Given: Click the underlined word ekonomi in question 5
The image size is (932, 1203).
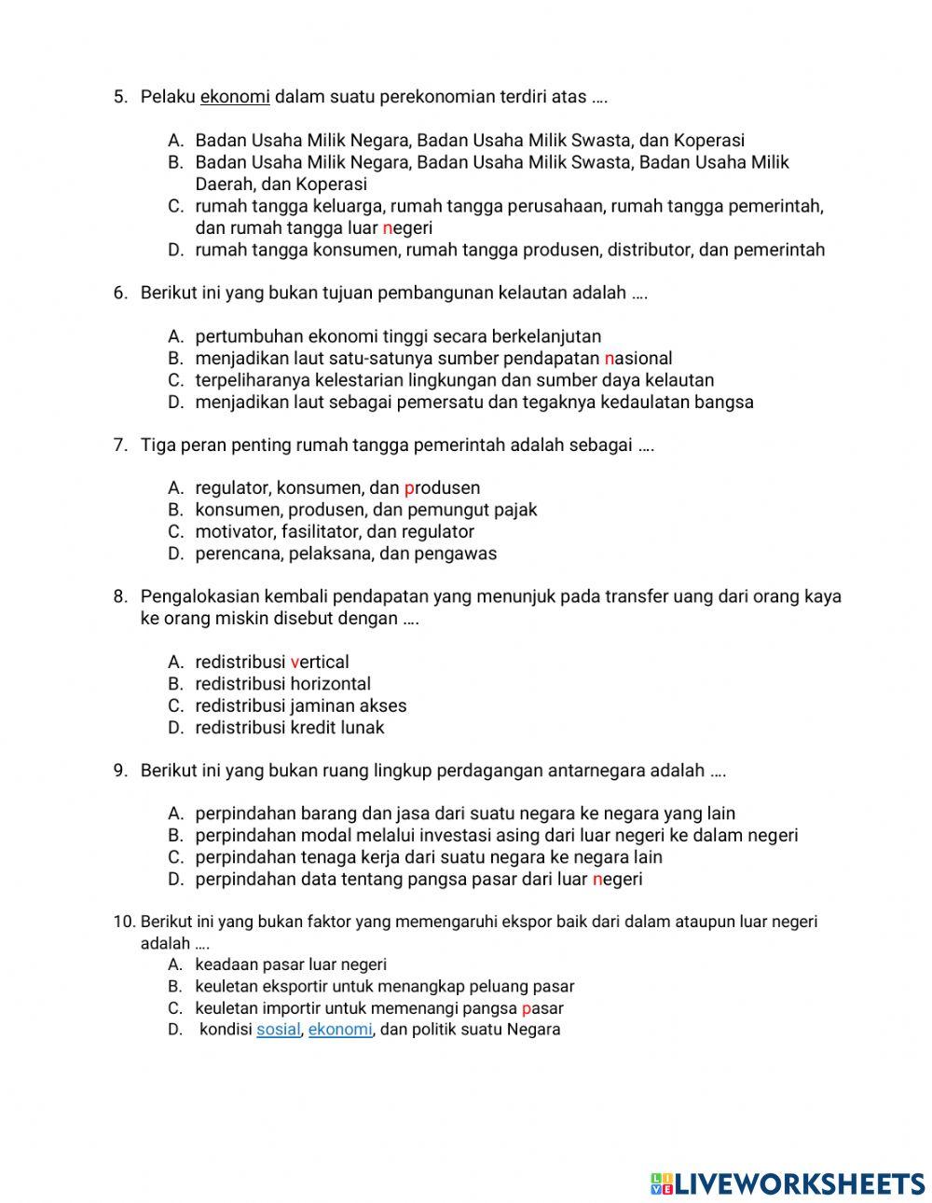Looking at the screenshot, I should click(x=235, y=97).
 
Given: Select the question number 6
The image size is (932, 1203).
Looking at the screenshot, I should click(x=120, y=294).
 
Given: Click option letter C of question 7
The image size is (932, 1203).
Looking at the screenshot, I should click(x=175, y=532).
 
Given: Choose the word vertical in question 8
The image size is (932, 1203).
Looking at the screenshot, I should click(x=320, y=663).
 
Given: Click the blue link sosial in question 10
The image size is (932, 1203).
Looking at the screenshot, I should click(x=278, y=1030).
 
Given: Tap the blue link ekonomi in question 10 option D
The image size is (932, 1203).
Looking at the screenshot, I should click(x=340, y=1030).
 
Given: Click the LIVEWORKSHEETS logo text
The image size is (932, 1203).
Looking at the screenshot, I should click(x=799, y=1183).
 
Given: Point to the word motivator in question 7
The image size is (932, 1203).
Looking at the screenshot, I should click(x=234, y=532).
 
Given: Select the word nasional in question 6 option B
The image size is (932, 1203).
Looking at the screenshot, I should click(x=638, y=359).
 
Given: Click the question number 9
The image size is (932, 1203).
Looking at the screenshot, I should click(x=120, y=771).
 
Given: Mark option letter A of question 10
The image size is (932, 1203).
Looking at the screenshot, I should click(x=175, y=965).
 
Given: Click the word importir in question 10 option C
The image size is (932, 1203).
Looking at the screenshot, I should click(x=291, y=1008).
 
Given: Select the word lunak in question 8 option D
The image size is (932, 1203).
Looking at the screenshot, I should click(x=362, y=728).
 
